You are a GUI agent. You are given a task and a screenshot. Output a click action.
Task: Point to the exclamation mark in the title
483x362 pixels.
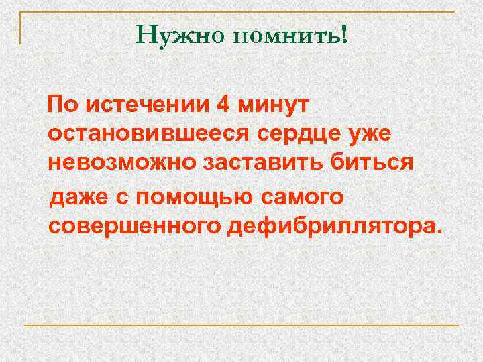(345, 34)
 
